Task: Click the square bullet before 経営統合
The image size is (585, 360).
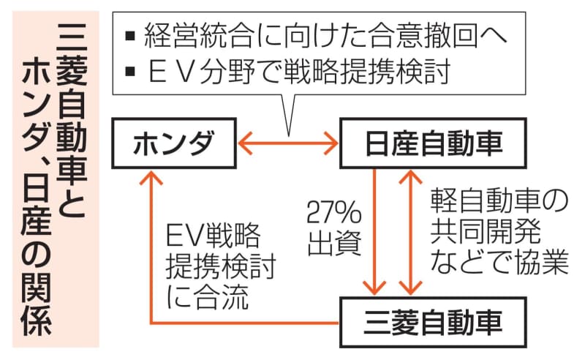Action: tap(130, 35)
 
